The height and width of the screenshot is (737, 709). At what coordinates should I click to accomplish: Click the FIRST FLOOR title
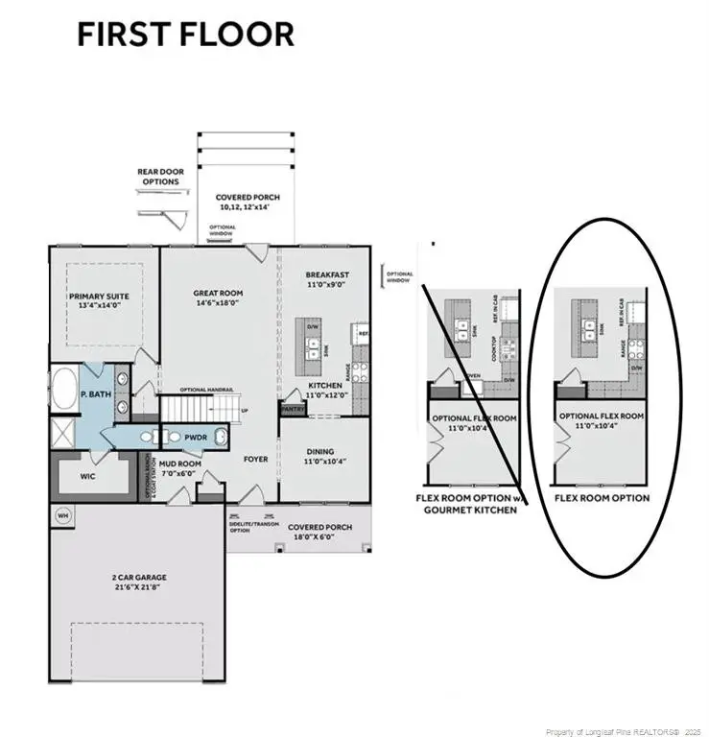(x=185, y=35)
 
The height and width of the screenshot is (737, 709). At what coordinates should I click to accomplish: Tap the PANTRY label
(x=292, y=408)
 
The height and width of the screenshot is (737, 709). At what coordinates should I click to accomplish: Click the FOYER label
(x=254, y=459)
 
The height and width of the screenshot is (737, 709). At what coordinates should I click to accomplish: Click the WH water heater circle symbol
(x=64, y=514)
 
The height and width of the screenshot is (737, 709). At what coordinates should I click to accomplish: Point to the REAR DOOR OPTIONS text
(x=158, y=177)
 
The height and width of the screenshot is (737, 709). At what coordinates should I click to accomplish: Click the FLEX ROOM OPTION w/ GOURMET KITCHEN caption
(x=466, y=504)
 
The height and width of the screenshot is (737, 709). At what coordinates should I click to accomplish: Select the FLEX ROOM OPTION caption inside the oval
(x=602, y=498)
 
